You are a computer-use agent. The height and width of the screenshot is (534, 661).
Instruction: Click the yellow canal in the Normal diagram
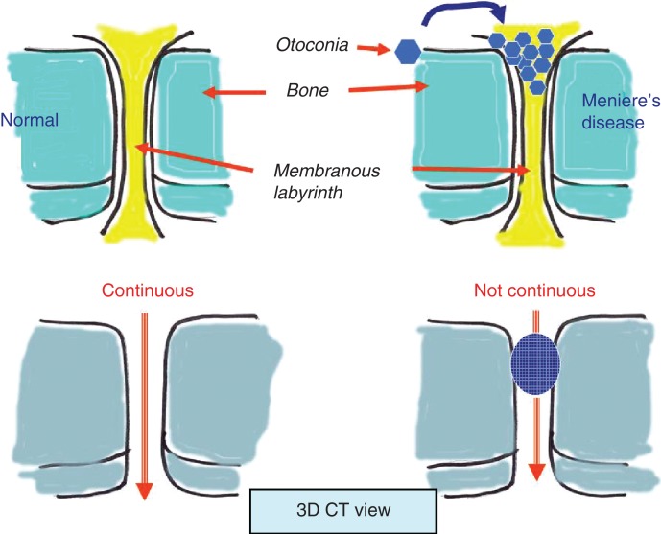pos(138,134)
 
